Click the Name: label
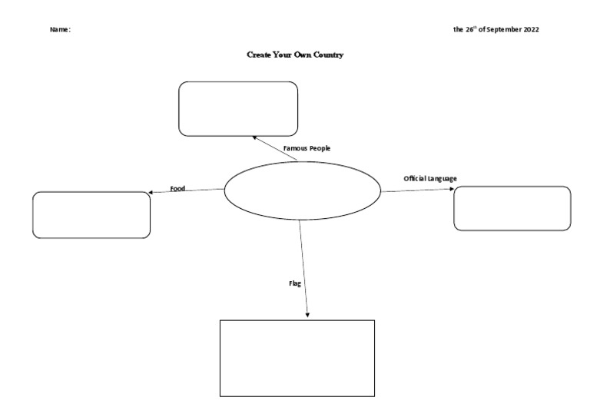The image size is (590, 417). click(60, 30)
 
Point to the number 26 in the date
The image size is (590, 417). click(469, 30)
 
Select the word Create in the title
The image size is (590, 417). click(258, 55)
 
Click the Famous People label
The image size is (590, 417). click(307, 147)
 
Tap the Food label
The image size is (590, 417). click(177, 188)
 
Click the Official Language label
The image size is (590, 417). click(430, 178)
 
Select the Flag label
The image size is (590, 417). click(293, 283)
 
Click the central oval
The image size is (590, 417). click(302, 190)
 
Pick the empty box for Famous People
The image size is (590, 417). click(238, 109)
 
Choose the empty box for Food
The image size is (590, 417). click(91, 214)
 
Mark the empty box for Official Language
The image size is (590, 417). click(512, 208)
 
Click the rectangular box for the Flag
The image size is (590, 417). click(297, 358)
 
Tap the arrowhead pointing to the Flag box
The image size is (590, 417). click(307, 314)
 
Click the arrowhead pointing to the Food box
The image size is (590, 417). click(152, 192)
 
